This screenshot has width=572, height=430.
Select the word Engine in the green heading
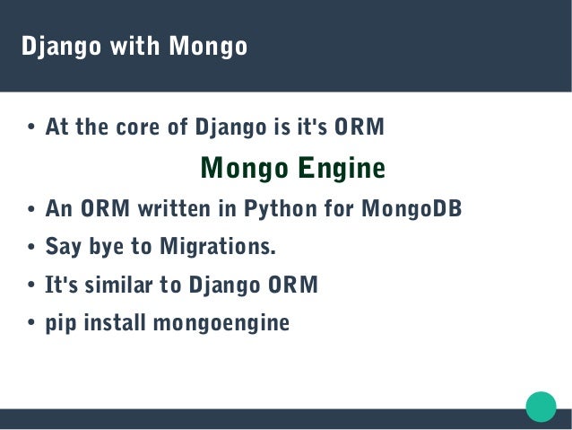pos(342,168)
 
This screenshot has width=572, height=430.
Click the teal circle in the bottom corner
pos(541,406)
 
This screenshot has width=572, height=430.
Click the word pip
pos(61,322)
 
